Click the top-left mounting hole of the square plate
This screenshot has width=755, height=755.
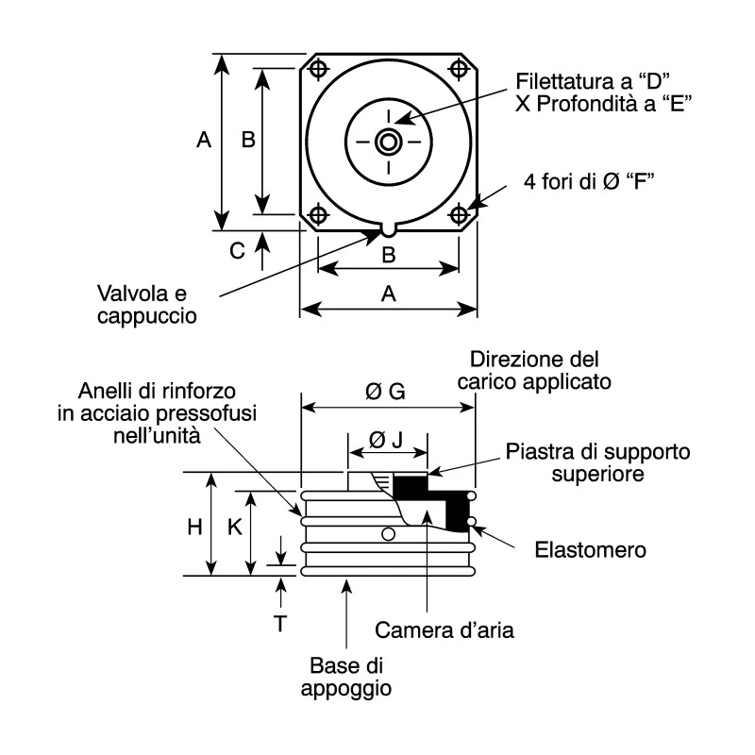coord(318,69)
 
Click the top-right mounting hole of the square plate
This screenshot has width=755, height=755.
coord(459,69)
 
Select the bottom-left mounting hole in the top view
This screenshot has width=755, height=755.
coord(318,214)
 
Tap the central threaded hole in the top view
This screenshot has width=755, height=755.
coord(389,143)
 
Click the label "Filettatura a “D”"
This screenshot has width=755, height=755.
coord(594,81)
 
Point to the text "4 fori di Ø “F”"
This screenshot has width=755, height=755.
coord(589,181)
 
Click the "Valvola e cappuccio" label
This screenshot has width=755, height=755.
coord(147,304)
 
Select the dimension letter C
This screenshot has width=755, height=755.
coord(237,251)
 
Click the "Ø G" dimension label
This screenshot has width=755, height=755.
coord(385,392)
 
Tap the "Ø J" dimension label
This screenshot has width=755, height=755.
coord(386,439)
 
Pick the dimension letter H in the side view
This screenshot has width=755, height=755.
coord(194,528)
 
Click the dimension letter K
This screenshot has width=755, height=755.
coord(234,528)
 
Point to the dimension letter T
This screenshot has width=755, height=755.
coord(280,624)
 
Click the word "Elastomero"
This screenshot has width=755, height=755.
coord(591,550)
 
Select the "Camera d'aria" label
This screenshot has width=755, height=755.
coord(445,629)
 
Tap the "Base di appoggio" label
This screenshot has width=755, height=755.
coord(346,677)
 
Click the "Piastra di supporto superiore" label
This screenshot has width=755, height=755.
coord(598,462)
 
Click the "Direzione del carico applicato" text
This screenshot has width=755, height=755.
coord(534,370)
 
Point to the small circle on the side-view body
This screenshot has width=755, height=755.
coord(388,534)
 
